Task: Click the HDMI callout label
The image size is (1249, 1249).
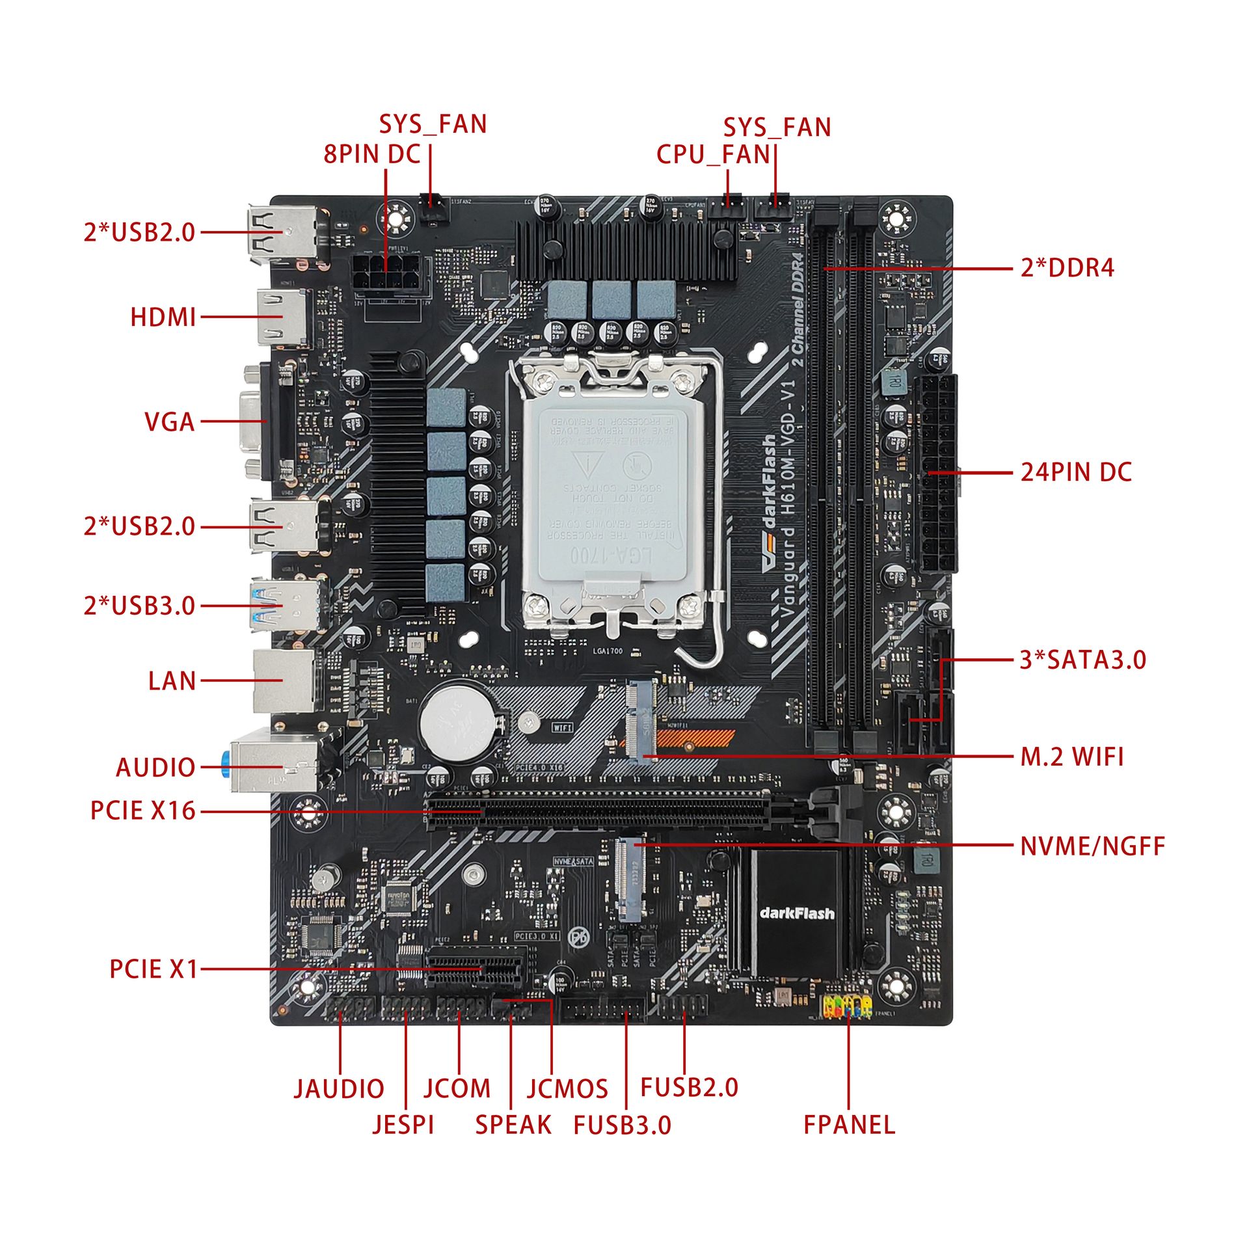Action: (163, 317)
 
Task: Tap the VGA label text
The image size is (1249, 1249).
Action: (169, 422)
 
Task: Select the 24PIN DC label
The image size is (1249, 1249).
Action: (1075, 472)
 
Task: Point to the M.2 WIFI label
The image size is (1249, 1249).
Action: (1071, 757)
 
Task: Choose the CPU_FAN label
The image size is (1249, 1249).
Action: (713, 155)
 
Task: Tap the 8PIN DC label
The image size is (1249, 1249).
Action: (372, 155)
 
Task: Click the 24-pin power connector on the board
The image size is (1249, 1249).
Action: (937, 474)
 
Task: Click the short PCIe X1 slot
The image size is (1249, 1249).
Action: (476, 974)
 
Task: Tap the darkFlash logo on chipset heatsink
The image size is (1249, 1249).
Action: (796, 913)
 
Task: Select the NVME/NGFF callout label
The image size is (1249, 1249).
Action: (1092, 846)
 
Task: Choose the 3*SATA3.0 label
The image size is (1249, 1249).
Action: (1082, 660)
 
